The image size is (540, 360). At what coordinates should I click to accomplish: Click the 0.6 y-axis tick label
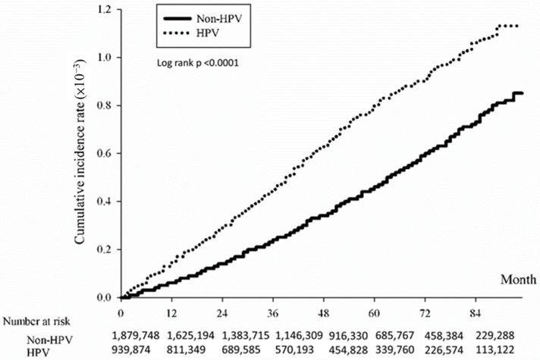[105, 154]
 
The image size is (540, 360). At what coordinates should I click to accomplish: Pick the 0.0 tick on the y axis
[105, 298]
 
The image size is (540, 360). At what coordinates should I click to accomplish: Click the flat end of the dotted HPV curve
[507, 27]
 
